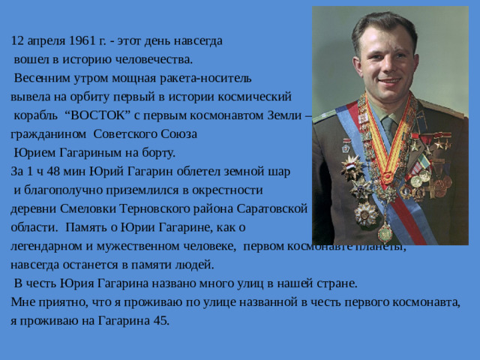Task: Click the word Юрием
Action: pos(34,152)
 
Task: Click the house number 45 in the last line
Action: pos(162,321)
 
